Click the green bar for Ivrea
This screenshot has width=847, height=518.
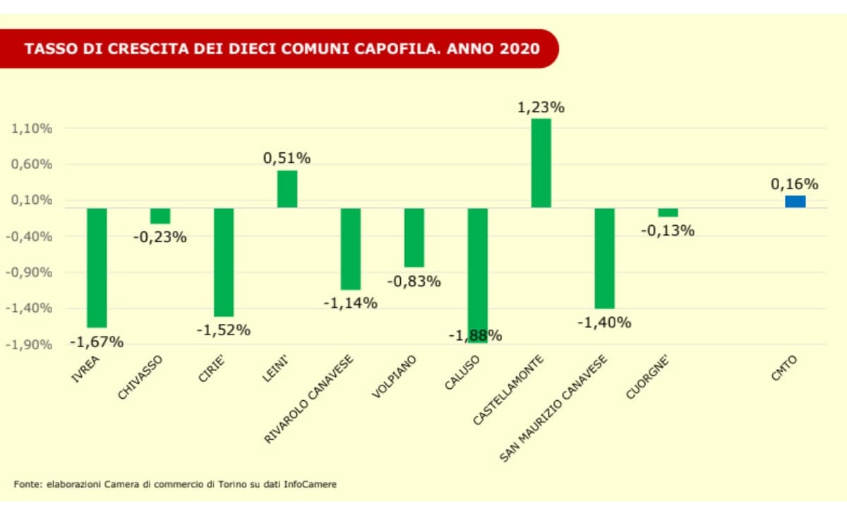click(x=97, y=267)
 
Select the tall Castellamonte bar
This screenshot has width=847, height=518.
click(x=541, y=163)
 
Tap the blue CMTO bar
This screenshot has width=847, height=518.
click(x=795, y=202)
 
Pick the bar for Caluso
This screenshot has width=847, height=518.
click(x=477, y=275)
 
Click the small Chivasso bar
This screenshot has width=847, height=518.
click(x=160, y=216)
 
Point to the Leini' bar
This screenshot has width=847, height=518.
click(x=287, y=189)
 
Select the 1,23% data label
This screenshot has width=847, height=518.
click(x=541, y=108)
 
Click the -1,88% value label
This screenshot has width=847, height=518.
click(x=475, y=335)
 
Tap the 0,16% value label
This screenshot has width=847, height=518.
click(x=795, y=184)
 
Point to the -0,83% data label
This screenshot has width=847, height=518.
click(x=414, y=281)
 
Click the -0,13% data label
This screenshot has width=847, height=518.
click(x=668, y=230)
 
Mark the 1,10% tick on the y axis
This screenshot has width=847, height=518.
click(x=32, y=128)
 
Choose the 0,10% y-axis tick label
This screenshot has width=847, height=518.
click(x=32, y=200)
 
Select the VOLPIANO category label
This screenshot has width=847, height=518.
click(x=395, y=378)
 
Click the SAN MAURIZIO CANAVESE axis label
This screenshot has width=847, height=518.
click(x=553, y=409)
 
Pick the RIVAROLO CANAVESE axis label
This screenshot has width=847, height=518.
click(x=308, y=399)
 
